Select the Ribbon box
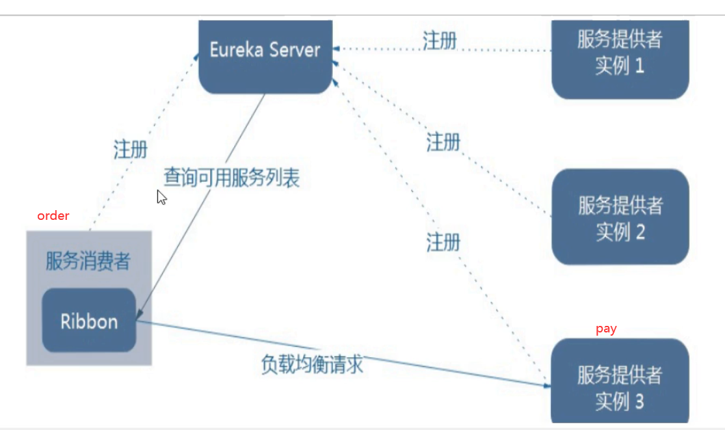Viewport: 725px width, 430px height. click(89, 321)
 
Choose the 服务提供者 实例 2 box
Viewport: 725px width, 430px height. click(620, 218)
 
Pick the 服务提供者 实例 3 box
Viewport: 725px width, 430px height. click(620, 384)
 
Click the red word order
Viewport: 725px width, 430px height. click(53, 216)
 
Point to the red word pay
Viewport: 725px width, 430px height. click(606, 329)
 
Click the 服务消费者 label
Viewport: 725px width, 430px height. click(88, 262)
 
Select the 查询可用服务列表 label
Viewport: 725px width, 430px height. click(231, 178)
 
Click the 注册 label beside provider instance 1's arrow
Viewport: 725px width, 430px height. click(440, 40)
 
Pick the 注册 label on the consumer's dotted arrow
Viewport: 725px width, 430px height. click(131, 150)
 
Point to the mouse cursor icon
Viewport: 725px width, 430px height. click(161, 197)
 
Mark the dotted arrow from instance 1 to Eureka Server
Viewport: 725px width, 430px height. click(494, 49)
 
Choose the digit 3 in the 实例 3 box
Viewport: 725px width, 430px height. click(639, 401)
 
